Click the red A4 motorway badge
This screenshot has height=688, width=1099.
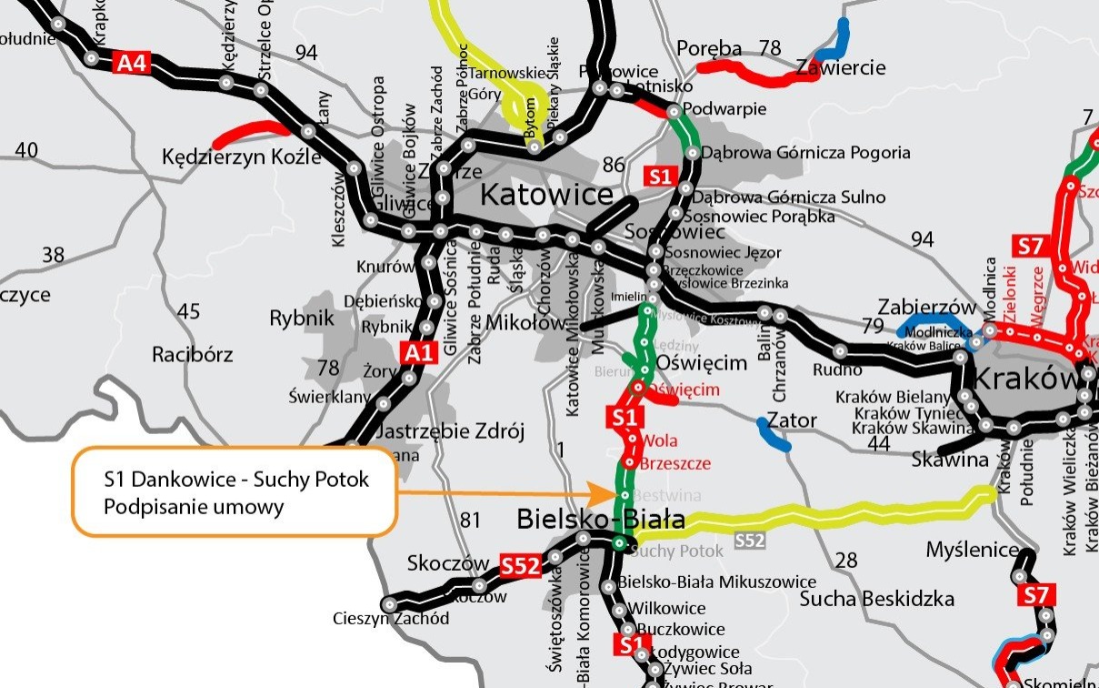point(132,63)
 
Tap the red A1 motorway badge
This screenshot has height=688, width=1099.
point(416,352)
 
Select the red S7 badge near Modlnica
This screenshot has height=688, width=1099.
point(1030,246)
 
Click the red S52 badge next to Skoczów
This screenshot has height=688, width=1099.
point(521,566)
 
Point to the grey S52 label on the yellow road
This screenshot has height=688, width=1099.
point(749,541)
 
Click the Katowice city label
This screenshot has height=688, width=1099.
point(545,194)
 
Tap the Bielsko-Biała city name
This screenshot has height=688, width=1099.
point(600,520)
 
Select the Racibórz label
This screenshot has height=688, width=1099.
point(193,354)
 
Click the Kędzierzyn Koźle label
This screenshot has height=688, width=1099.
point(242,157)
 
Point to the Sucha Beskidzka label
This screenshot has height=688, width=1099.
point(877,599)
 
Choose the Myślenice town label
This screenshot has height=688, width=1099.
point(973,550)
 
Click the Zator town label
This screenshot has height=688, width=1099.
point(791,420)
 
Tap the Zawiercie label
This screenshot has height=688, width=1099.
point(840,67)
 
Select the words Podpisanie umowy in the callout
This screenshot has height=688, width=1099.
point(194,507)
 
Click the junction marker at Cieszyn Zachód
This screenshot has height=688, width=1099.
point(390,604)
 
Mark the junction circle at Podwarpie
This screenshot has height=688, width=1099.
point(674,113)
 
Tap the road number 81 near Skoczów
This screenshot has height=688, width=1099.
point(470,521)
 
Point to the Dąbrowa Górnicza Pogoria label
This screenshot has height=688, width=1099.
point(805,153)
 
